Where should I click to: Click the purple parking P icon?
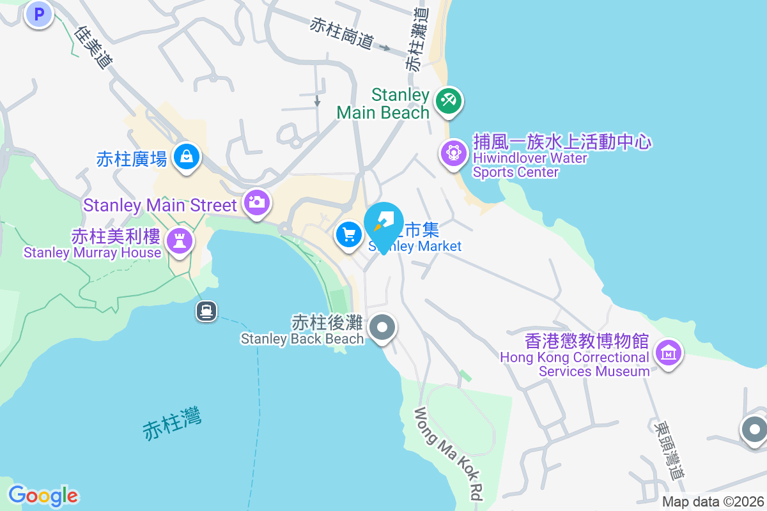[38, 13]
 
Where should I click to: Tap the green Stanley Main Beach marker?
[449, 101]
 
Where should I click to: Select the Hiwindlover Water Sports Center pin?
[454, 153]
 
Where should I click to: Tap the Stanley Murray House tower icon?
[180, 241]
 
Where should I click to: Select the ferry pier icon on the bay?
[206, 311]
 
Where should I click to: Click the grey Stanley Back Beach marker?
[382, 328]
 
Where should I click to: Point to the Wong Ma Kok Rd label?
[449, 454]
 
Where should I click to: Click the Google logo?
[43, 496]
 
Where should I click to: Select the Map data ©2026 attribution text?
[713, 501]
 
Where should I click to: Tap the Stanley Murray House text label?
[93, 253]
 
